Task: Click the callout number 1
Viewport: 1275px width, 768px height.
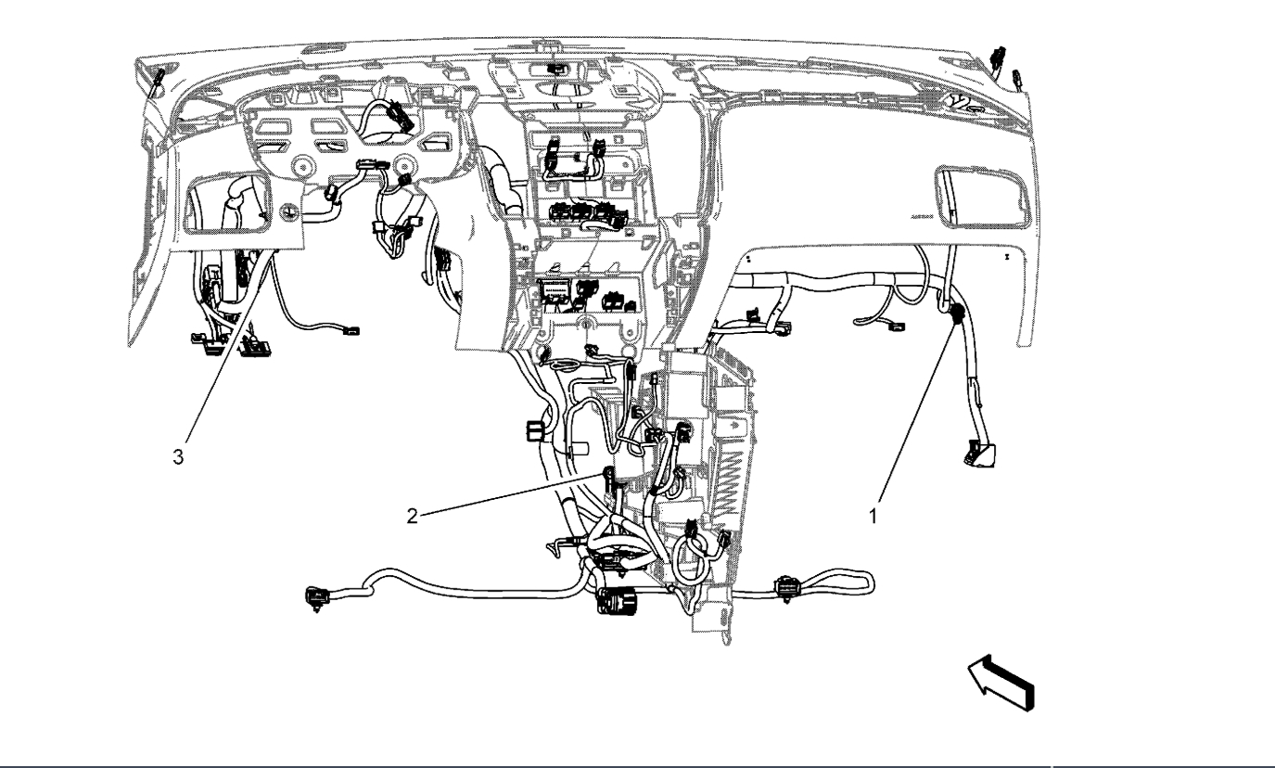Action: pyautogui.click(x=873, y=517)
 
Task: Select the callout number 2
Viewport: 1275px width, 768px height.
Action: pyautogui.click(x=412, y=517)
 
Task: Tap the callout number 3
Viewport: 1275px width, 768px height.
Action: pyautogui.click(x=190, y=457)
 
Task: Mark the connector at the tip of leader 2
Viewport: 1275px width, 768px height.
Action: pyautogui.click(x=609, y=477)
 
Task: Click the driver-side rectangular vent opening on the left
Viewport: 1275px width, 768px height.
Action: pyautogui.click(x=230, y=204)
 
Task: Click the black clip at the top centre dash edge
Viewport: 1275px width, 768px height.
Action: pyautogui.click(x=557, y=69)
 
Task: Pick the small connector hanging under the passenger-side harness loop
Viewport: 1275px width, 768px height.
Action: pyautogui.click(x=894, y=324)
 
